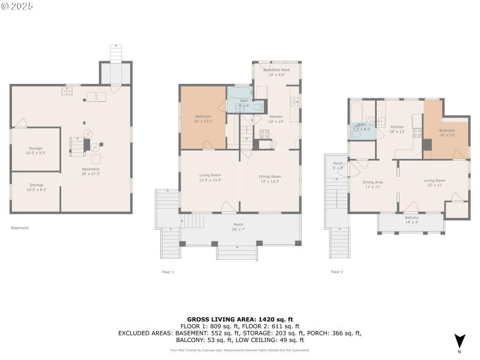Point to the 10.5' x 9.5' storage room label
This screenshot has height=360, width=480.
[36, 150]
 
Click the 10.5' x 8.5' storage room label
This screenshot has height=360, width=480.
[36, 187]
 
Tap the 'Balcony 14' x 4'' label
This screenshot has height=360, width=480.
[412, 220]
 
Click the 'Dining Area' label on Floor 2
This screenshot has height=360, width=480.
[373, 184]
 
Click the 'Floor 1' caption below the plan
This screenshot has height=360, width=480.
[168, 272]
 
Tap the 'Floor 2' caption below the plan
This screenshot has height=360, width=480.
[337, 272]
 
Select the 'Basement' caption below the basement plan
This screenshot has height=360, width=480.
[20, 227]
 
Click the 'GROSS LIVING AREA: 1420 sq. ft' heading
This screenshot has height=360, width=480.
[240, 319]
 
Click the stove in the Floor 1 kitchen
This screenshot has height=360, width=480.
[265, 134]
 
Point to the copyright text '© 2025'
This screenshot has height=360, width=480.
[17, 6]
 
